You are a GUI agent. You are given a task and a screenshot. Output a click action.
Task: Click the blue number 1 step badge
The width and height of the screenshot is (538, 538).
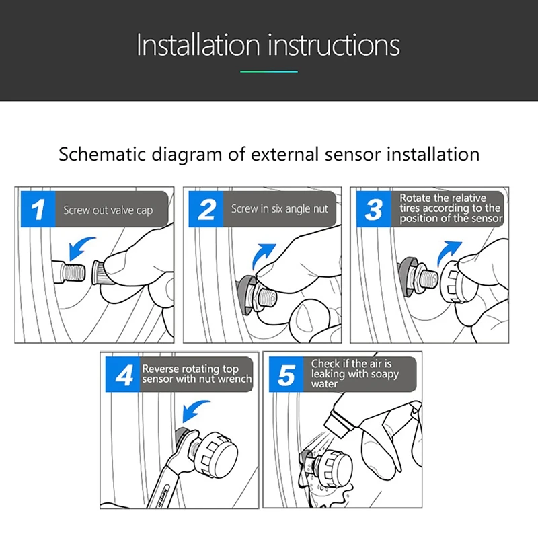38,209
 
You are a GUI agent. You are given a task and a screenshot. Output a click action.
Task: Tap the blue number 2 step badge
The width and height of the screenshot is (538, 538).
206,209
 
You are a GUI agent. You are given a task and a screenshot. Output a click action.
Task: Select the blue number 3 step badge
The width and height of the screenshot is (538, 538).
374,209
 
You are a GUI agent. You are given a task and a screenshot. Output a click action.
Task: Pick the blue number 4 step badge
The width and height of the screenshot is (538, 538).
123,375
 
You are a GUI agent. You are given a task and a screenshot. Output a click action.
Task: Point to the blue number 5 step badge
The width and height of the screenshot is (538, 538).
286,375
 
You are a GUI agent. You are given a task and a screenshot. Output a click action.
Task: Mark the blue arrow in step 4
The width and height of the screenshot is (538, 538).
194,410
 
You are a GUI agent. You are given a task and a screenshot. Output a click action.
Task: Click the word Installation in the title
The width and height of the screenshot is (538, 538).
198,45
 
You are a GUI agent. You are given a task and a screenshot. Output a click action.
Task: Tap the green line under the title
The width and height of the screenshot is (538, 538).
268,72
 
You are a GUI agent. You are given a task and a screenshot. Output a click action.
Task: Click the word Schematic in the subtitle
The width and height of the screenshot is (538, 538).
102,154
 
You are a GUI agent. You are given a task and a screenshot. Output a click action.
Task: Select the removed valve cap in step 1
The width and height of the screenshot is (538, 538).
100,272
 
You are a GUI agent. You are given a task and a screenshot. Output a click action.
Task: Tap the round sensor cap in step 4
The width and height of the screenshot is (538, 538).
216,453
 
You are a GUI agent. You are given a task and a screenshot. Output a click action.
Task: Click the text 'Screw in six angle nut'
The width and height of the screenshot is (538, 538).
279,208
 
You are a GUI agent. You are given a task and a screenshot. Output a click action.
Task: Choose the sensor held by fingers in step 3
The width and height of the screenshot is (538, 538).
457,282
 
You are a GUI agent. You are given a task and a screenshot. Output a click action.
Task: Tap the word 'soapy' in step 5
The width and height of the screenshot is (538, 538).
385,374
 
